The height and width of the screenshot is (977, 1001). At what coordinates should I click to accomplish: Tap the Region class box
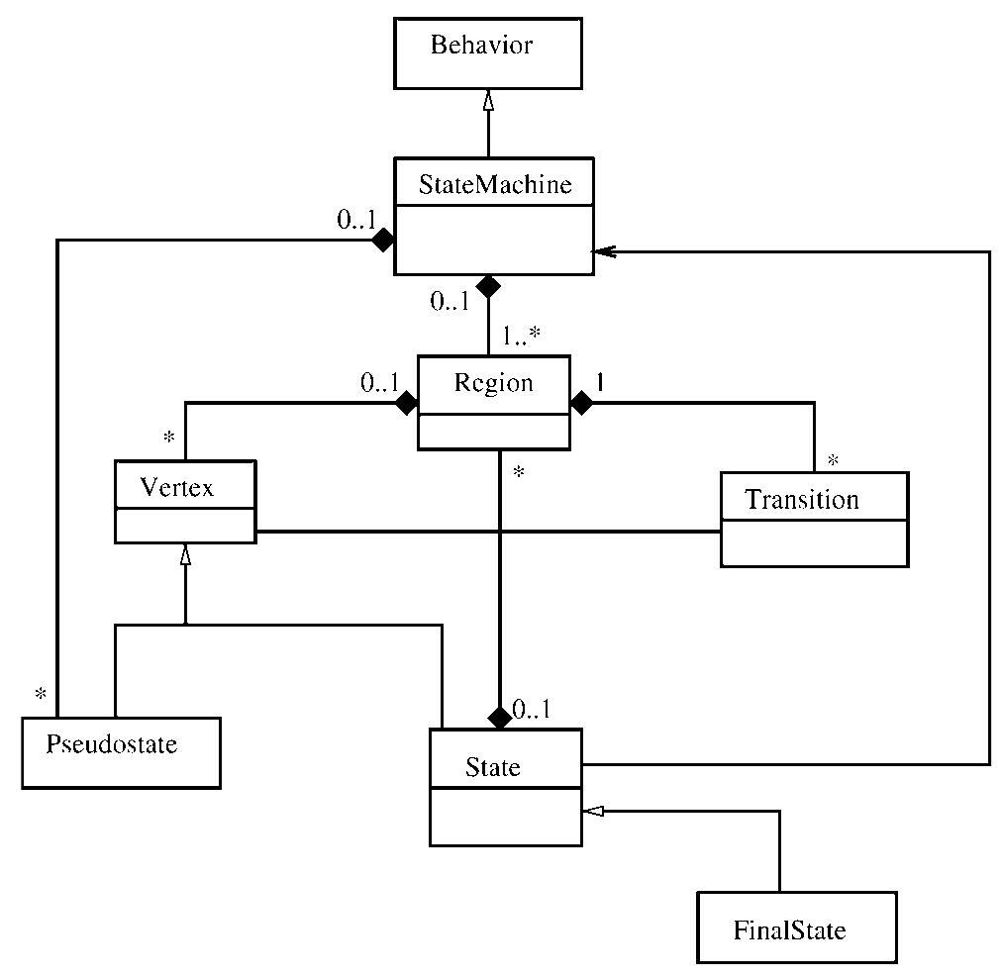493,402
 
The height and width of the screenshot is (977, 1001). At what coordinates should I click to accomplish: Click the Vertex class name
177,487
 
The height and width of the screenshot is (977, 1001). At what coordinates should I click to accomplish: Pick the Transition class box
813,520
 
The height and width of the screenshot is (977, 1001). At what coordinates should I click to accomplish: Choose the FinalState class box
795,928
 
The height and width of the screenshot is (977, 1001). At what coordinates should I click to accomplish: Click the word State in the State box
492,767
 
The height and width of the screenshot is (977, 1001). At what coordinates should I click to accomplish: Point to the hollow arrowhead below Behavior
487,99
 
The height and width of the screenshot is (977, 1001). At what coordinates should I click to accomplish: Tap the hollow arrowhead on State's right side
592,812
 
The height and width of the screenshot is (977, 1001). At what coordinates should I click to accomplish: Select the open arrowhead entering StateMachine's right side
602,252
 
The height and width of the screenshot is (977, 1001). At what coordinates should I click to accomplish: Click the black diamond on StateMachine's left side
382,241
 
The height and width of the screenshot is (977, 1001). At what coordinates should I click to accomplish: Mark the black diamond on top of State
500,718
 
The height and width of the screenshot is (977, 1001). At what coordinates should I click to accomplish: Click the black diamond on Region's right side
582,403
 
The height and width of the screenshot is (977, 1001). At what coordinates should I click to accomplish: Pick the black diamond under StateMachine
486,287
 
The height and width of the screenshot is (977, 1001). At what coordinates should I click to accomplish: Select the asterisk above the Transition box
833,461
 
